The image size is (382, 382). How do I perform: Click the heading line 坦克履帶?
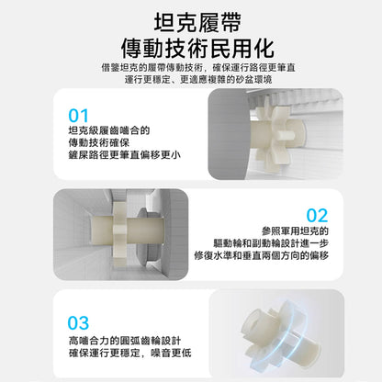click(x=197, y=23)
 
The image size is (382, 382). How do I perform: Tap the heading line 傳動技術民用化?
click(x=197, y=49)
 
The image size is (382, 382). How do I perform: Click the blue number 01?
click(x=78, y=116)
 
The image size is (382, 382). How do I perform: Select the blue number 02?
click(x=317, y=216)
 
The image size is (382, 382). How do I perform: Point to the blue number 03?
click(x=78, y=323)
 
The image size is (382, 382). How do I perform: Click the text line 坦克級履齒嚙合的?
click(x=109, y=130)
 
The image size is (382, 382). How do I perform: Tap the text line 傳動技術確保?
click(x=99, y=142)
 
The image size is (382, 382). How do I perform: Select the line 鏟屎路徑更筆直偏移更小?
click(x=124, y=155)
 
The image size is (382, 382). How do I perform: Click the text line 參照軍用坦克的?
click(x=295, y=231)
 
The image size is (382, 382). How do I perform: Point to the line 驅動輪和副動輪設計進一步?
click(x=271, y=243)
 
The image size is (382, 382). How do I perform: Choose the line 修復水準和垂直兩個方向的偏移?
click(x=262, y=255)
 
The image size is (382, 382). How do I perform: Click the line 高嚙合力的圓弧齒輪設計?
click(x=125, y=341)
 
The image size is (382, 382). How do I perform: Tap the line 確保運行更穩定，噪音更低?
click(x=130, y=353)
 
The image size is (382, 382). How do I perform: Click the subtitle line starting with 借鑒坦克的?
click(x=198, y=67)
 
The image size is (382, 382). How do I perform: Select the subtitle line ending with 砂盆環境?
click(x=198, y=80)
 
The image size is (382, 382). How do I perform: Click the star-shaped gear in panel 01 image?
click(x=274, y=135)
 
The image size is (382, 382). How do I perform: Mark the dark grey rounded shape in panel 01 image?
click(x=228, y=134)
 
